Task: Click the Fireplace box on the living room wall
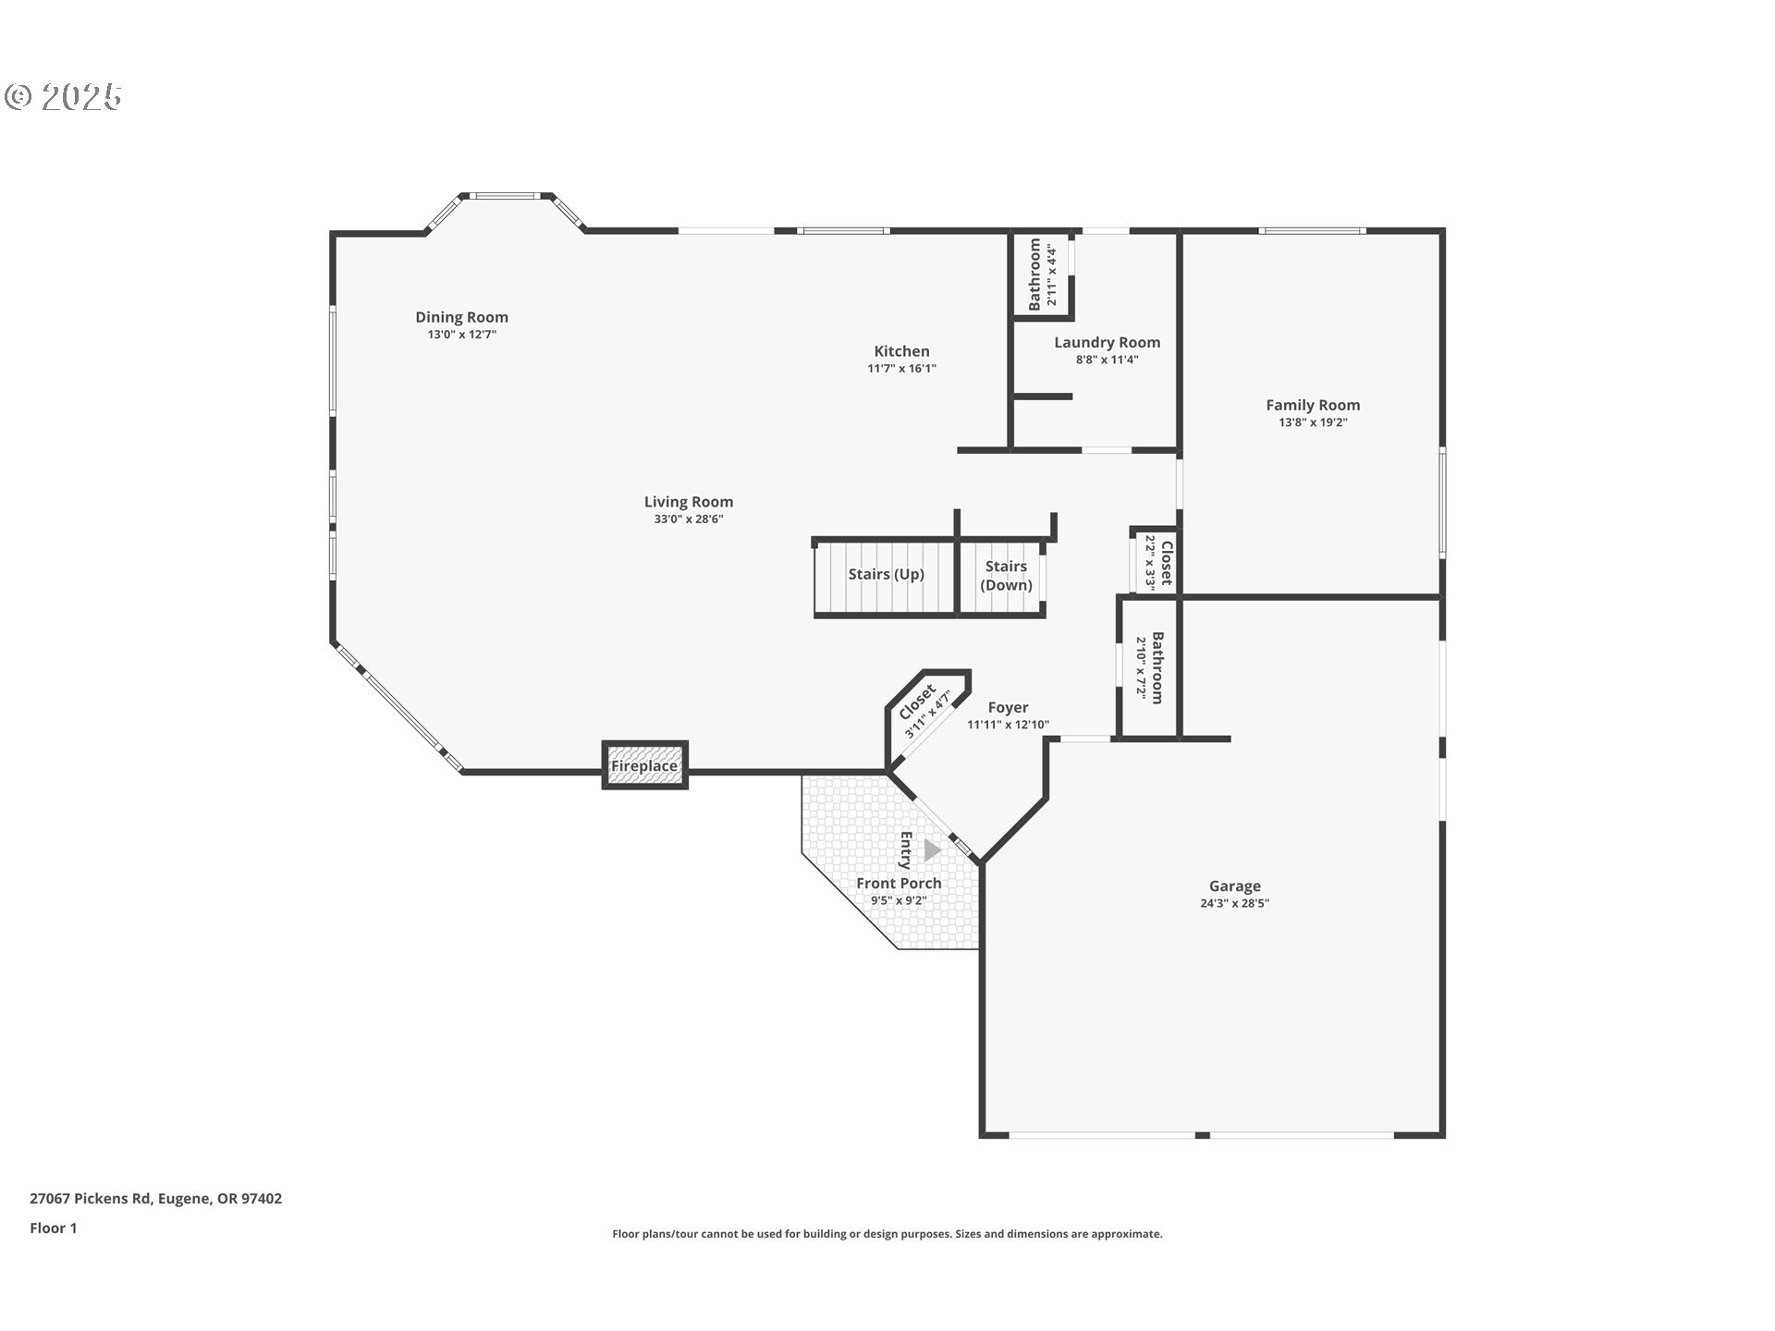644,765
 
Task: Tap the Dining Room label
461,317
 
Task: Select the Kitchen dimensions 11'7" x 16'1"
901,368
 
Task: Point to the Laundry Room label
1107,342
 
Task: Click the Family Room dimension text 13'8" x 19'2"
1313,422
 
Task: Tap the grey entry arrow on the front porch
932,849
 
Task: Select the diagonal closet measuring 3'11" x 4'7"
925,711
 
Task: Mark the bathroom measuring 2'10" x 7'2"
1149,667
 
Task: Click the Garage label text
1234,885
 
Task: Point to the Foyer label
1008,707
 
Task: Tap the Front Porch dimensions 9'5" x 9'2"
898,900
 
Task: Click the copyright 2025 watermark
63,96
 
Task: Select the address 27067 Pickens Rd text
155,1198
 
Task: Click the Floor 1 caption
54,1227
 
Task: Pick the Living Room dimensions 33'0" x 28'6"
688,519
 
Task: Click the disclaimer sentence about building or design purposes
887,1234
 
